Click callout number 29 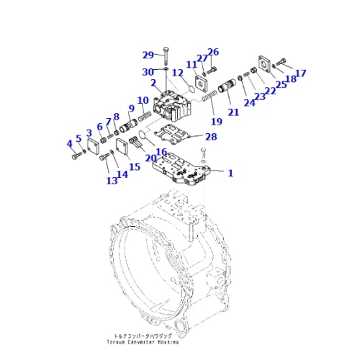(x=148, y=55)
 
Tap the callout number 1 (x=230, y=173)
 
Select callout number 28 (x=211, y=137)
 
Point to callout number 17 (x=300, y=73)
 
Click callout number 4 (x=70, y=143)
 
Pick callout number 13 (x=112, y=181)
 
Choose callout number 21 (x=233, y=112)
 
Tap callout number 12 (x=177, y=72)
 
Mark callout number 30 (x=148, y=71)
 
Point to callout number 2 (x=153, y=84)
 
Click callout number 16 (x=161, y=152)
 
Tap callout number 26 (x=213, y=52)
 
